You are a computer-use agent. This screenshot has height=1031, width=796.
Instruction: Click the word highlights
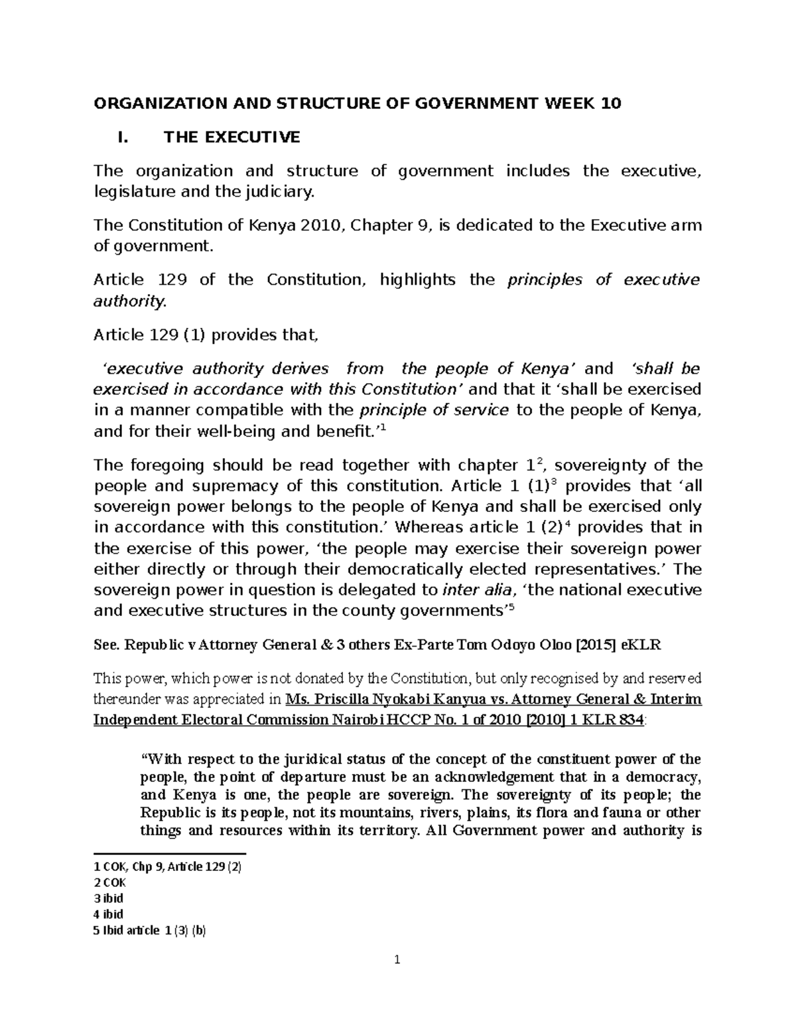click(417, 279)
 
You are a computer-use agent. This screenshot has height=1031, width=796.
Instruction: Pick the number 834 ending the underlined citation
click(628, 720)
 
